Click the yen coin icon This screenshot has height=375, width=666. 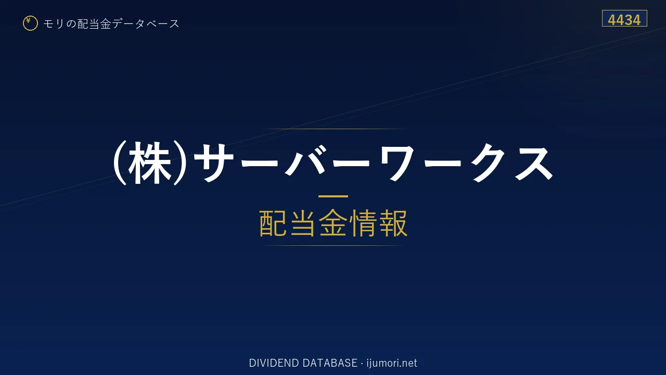pos(30,23)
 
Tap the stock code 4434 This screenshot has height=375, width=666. pos(624,20)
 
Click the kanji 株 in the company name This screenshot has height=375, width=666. pos(150,163)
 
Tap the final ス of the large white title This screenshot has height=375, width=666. pos(534,164)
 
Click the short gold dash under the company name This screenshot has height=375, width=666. pos(333,196)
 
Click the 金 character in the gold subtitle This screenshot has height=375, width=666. pos(333,223)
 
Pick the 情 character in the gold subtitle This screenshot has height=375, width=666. pos(363,223)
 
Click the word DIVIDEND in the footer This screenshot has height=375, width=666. pos(274,363)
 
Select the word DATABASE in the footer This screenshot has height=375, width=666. pos(330,363)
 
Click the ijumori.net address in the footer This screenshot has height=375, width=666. pos(392,363)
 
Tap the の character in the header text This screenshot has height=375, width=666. pos(71,24)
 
